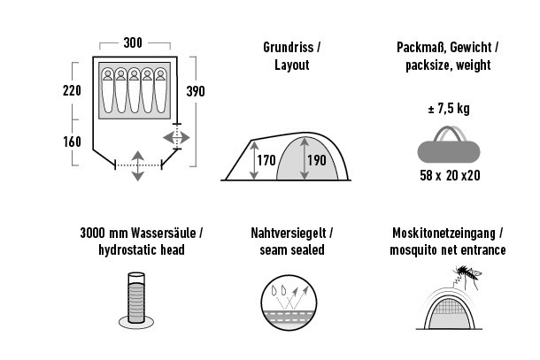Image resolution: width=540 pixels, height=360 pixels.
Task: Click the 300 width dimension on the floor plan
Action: (133, 43)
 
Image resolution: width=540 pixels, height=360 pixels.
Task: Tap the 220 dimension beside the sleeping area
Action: (72, 90)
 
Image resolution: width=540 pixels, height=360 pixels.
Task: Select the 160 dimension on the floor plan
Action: (72, 142)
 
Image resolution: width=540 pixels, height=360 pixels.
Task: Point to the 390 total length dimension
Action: (196, 91)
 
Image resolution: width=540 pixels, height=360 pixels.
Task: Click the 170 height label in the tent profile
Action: (266, 160)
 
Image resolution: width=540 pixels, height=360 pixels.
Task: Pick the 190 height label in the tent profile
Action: (317, 160)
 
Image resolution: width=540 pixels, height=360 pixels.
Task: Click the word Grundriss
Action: (289, 47)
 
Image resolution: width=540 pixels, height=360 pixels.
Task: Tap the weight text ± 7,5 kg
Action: (449, 109)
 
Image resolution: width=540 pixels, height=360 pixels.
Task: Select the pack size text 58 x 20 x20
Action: (450, 175)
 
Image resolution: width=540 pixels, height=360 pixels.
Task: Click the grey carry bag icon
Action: (449, 144)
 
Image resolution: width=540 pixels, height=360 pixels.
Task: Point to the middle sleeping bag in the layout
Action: (134, 90)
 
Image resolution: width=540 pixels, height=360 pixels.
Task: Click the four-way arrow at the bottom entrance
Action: (138, 165)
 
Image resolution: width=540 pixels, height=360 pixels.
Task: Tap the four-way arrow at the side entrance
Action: (176, 138)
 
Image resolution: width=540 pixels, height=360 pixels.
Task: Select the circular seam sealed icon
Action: (289, 303)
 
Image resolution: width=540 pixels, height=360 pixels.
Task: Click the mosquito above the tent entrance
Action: (466, 274)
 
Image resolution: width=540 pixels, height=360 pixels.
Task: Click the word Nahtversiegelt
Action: (289, 233)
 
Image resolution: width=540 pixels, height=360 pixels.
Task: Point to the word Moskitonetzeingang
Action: (444, 234)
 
